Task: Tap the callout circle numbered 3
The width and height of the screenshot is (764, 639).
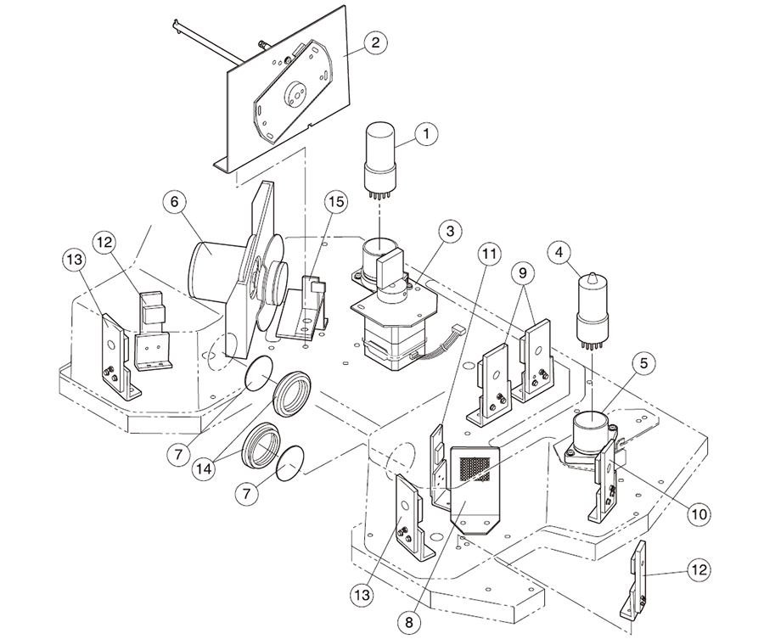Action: pyautogui.click(x=450, y=232)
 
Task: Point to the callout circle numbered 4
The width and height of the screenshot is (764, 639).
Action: pyautogui.click(x=558, y=252)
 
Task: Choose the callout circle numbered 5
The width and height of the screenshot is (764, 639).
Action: pyautogui.click(x=643, y=364)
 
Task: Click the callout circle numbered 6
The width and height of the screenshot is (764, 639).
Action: pyautogui.click(x=174, y=203)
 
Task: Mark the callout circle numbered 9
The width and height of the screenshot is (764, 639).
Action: pyautogui.click(x=523, y=273)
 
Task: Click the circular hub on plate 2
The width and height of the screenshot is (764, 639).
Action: pyautogui.click(x=298, y=92)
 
